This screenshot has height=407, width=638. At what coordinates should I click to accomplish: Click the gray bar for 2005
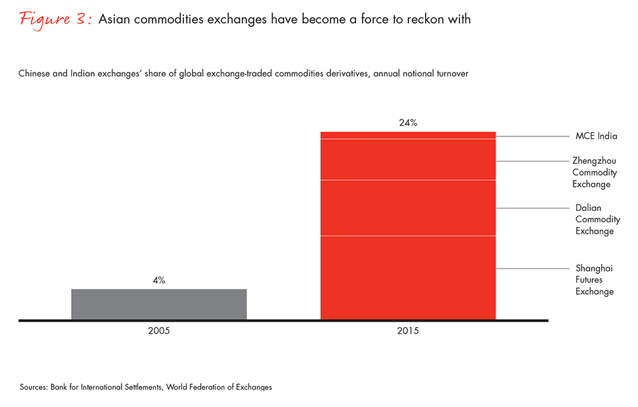click(x=158, y=304)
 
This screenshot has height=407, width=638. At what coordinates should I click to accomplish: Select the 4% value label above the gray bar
click(x=159, y=279)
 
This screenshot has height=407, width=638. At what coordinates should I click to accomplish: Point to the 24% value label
click(x=408, y=122)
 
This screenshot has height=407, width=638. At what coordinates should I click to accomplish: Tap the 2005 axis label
click(x=159, y=332)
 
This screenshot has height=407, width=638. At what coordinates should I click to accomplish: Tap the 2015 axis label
click(x=408, y=332)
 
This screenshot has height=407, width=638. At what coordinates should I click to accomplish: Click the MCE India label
click(x=596, y=136)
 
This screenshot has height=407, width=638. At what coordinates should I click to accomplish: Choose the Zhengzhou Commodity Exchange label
click(x=594, y=172)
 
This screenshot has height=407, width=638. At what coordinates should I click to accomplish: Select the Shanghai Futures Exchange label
click(x=594, y=279)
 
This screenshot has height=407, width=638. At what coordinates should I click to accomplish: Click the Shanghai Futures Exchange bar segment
click(x=408, y=277)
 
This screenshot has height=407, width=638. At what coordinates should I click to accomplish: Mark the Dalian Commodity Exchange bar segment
click(x=408, y=208)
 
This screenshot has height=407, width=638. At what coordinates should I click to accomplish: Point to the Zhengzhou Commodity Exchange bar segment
click(x=408, y=159)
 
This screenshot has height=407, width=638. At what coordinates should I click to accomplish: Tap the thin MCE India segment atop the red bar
click(x=408, y=135)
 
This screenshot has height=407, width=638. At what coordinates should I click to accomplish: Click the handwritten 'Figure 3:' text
click(x=56, y=19)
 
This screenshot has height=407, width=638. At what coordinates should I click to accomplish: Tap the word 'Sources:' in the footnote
click(x=34, y=388)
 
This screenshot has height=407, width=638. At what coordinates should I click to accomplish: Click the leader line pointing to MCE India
click(x=531, y=136)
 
